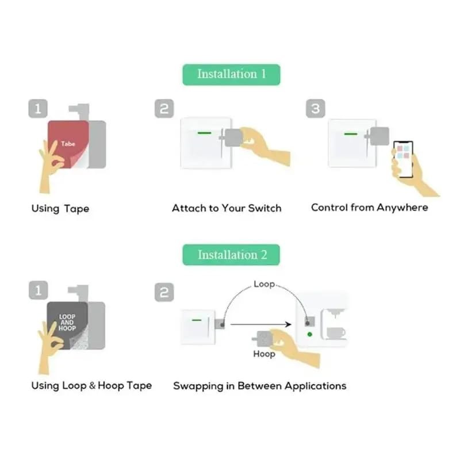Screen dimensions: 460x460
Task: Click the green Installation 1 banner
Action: (x=231, y=74)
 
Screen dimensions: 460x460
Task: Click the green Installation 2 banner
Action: (x=231, y=255)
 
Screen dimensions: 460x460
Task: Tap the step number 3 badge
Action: (x=315, y=109)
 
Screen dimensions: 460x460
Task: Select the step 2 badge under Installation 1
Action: (x=164, y=109)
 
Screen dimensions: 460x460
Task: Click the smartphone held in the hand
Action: (x=402, y=158)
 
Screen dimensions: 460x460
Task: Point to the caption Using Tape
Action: (x=60, y=208)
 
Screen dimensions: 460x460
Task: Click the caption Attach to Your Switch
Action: (x=227, y=208)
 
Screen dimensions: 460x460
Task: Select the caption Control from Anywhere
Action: (x=369, y=208)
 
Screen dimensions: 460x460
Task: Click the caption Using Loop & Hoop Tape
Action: (x=91, y=385)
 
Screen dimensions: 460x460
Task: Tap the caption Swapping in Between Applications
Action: (x=259, y=385)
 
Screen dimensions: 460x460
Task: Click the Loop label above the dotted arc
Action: (x=264, y=284)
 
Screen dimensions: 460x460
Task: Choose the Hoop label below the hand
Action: (x=264, y=354)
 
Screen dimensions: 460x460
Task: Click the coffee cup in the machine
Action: (x=335, y=332)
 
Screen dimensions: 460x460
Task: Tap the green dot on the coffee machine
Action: (x=310, y=334)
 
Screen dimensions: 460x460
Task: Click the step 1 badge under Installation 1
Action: (x=38, y=109)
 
